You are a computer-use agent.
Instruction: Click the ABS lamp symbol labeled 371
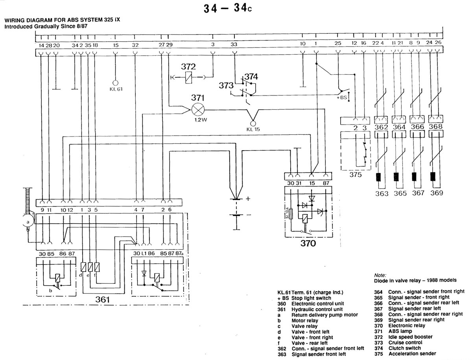click(x=198, y=110)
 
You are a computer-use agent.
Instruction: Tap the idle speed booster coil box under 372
click(x=188, y=77)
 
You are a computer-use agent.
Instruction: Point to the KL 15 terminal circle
click(x=253, y=123)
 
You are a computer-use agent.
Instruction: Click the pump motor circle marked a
click(x=28, y=222)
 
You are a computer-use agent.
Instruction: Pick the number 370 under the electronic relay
click(x=308, y=243)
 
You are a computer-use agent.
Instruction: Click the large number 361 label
click(x=102, y=299)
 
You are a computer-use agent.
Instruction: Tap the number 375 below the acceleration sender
click(x=355, y=174)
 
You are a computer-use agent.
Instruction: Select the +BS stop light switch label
click(x=342, y=97)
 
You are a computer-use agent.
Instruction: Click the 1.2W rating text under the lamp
click(x=201, y=120)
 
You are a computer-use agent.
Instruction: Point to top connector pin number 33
click(x=234, y=44)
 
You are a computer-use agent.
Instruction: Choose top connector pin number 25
click(x=337, y=43)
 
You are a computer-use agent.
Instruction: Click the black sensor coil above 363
click(x=378, y=177)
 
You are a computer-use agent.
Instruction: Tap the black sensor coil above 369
click(x=433, y=176)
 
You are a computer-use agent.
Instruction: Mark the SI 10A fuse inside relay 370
click(x=291, y=214)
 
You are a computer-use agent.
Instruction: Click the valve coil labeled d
click(x=83, y=267)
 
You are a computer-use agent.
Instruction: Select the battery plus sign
click(x=248, y=198)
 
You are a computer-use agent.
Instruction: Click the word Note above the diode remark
click(x=380, y=275)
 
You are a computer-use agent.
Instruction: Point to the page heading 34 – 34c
click(x=228, y=9)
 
